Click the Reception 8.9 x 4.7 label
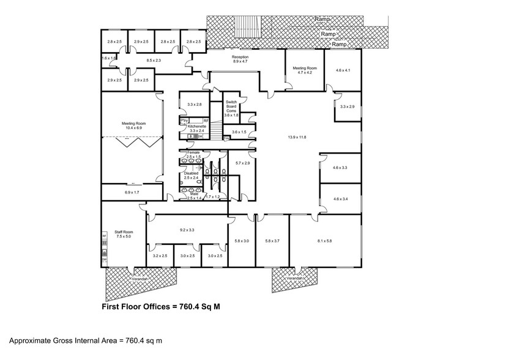(239, 59)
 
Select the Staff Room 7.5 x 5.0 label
(124, 234)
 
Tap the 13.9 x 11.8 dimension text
(296, 137)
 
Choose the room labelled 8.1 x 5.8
(324, 241)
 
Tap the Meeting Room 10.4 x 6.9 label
(132, 126)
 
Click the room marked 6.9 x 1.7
(132, 193)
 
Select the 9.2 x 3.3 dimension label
(187, 230)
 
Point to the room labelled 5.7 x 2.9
(243, 163)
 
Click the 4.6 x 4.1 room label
(343, 70)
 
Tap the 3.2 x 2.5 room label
(160, 255)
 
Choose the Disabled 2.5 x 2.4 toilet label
(191, 175)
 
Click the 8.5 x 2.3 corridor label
(154, 60)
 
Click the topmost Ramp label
(322, 20)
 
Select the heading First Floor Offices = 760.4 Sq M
(160, 307)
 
